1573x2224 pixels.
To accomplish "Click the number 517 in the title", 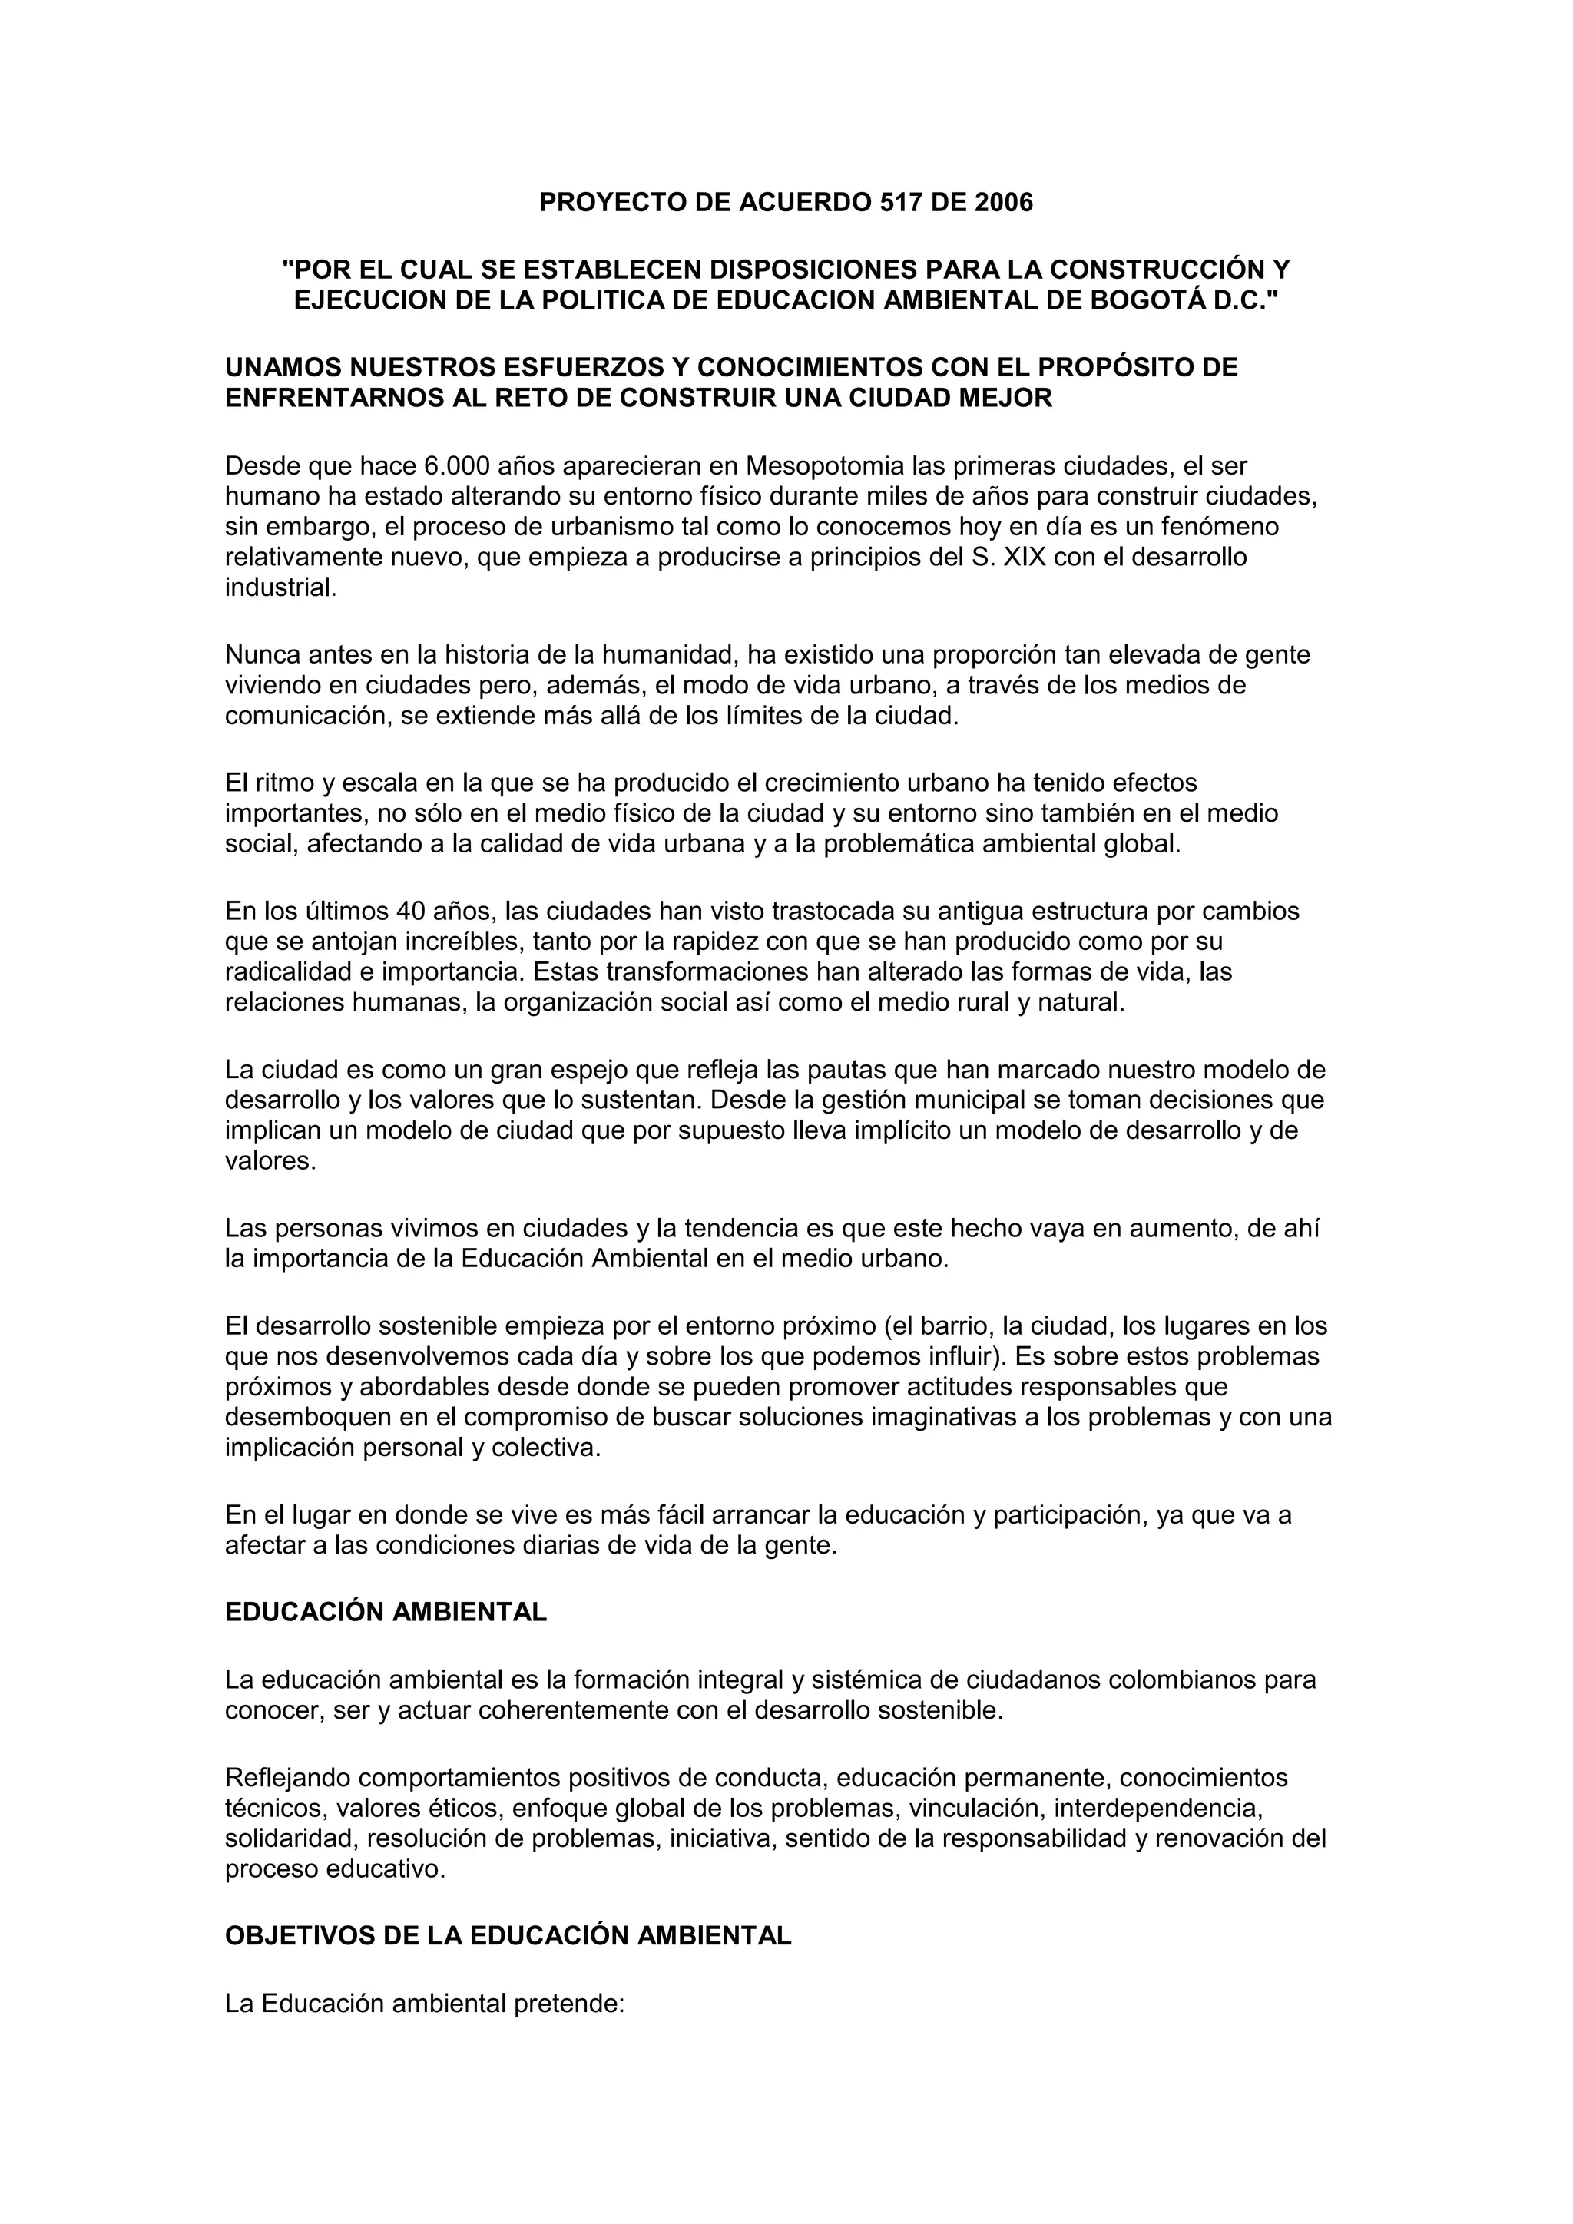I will (901, 203).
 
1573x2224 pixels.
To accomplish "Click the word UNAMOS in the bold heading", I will (283, 368).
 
